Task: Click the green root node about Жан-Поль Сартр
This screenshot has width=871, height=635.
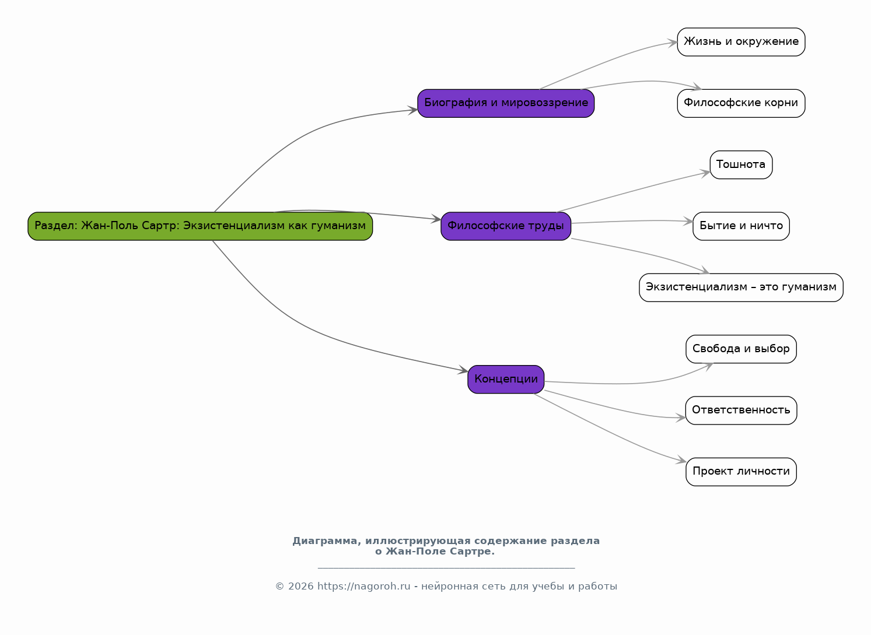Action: tap(200, 226)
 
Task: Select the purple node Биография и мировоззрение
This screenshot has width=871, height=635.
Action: tap(505, 103)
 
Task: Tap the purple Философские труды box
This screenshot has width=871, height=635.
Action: tap(505, 226)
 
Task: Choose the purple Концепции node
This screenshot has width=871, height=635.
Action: tap(505, 379)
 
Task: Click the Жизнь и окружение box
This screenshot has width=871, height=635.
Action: tap(741, 42)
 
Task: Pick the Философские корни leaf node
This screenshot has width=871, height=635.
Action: tap(741, 103)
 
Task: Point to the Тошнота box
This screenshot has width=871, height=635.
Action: tap(741, 165)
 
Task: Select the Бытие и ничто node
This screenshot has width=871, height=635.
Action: tap(741, 226)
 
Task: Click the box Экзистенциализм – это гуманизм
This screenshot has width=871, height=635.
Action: tap(741, 287)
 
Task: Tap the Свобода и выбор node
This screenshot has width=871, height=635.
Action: tap(741, 349)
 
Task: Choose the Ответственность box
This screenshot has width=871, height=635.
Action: tap(741, 411)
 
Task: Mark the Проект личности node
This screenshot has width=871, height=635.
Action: tap(741, 472)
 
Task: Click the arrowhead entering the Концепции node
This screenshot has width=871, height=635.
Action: tap(463, 370)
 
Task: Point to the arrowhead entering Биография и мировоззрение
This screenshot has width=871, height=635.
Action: tap(412, 110)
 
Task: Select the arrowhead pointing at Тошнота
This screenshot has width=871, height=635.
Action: tap(705, 173)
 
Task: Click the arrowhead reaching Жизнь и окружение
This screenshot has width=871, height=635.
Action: tap(672, 43)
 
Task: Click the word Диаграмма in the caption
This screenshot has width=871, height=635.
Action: tap(327, 541)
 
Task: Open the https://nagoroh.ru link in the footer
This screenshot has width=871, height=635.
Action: tap(363, 586)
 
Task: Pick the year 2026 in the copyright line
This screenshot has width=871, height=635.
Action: tap(300, 586)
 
